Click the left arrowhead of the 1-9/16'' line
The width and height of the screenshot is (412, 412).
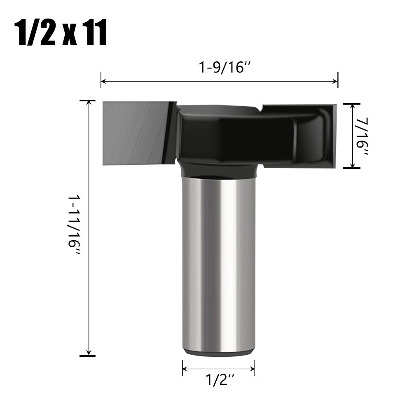tap(103, 81)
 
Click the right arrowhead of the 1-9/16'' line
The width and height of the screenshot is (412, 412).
tap(335, 81)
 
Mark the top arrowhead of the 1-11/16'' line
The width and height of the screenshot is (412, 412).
tap(88, 103)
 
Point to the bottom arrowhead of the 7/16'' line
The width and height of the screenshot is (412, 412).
tap(352, 166)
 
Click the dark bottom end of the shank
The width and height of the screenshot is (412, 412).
tap(218, 353)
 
